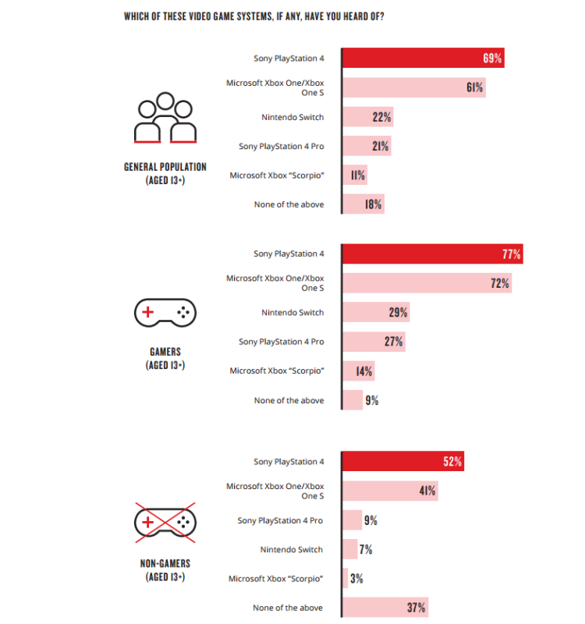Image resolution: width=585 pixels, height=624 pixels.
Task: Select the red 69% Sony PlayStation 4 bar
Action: point(421,58)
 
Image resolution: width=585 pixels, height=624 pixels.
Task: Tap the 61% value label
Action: point(474,87)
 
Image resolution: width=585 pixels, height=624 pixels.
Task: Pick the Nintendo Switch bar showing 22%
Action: point(367,117)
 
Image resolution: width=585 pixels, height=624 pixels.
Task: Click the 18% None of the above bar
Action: point(363,204)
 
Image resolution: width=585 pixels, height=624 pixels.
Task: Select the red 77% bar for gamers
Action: point(431,254)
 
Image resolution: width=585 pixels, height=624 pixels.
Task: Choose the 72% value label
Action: point(500,283)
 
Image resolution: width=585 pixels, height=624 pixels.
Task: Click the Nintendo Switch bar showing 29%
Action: point(375,313)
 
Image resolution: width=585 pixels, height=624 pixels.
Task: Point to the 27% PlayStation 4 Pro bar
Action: point(373,342)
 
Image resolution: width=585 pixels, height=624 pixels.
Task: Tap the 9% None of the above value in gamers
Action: point(372,400)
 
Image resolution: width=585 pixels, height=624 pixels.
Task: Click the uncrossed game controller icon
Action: point(165,314)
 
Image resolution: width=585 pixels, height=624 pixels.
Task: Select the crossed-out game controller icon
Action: point(165,521)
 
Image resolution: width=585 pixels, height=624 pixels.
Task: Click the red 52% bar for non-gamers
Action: point(402,462)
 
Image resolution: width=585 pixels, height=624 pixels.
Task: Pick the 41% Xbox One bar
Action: point(389,491)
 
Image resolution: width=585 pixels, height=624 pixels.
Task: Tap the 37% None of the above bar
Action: point(385,608)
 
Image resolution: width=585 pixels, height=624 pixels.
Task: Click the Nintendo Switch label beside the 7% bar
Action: point(291,550)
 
